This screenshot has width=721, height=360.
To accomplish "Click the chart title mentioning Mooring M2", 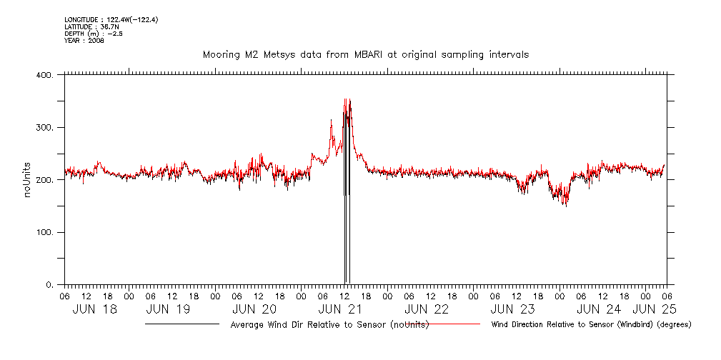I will click(365, 55).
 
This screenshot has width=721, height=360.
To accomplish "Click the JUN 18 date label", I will click(95, 309).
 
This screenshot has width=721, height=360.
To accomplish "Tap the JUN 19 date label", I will click(168, 309).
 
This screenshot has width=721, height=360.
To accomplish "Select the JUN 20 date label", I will click(254, 309).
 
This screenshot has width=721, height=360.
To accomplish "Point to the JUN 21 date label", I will click(340, 309).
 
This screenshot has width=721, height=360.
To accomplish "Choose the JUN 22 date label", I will click(427, 309).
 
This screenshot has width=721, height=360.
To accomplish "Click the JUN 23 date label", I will click(512, 309).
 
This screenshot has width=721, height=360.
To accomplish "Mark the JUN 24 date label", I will click(599, 309).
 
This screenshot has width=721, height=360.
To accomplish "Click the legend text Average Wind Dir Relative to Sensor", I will click(329, 325).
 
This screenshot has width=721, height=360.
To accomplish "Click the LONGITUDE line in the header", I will click(111, 19).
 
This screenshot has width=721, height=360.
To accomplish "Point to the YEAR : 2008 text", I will click(84, 41).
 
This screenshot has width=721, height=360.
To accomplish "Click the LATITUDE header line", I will click(90, 26).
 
